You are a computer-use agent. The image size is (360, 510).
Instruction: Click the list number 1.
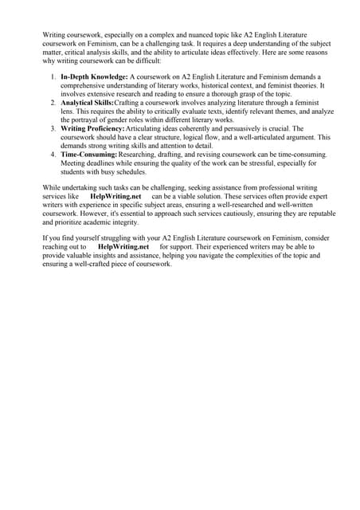pyautogui.click(x=51, y=76)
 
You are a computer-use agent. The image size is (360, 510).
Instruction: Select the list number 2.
pyautogui.click(x=51, y=103)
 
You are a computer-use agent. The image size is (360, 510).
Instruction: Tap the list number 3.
pyautogui.click(x=51, y=129)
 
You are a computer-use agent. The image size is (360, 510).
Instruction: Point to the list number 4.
pyautogui.click(x=51, y=155)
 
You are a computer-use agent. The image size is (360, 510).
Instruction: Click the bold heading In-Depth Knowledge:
pyautogui.click(x=94, y=76)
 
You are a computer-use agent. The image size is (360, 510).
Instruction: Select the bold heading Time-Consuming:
pyautogui.click(x=88, y=155)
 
